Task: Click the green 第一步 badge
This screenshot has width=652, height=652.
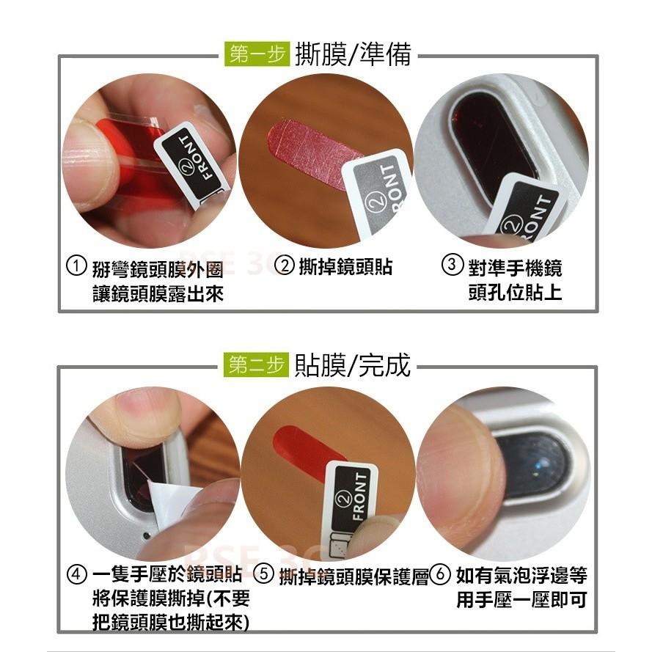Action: [x=256, y=55]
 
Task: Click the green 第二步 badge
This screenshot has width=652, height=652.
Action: [x=256, y=365]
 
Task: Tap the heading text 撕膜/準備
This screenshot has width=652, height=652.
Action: [x=352, y=55]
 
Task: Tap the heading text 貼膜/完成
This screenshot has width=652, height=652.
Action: [x=352, y=365]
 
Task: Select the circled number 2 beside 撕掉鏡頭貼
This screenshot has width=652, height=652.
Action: [x=285, y=266]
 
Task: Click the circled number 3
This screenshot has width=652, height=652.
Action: [x=452, y=266]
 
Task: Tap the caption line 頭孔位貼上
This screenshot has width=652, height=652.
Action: [x=515, y=293]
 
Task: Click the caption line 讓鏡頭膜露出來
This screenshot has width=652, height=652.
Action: [x=157, y=294]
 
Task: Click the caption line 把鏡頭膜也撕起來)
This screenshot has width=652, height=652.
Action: [x=170, y=623]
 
